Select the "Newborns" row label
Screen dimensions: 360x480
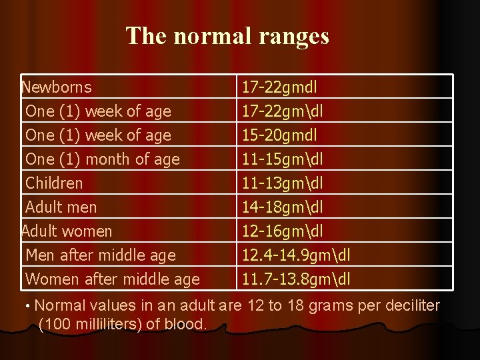tap(57, 87)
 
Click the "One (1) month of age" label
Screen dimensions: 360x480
tap(102, 159)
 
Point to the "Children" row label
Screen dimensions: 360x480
tap(54, 183)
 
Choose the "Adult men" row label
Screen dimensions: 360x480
tap(61, 207)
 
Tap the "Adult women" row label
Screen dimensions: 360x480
tap(67, 231)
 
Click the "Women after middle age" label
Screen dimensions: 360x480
tap(112, 279)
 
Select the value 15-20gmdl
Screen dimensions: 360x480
tap(279, 135)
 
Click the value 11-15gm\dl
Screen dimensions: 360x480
tap(283, 159)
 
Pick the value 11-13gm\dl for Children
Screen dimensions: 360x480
tap(283, 183)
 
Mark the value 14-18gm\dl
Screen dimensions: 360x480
tap(283, 207)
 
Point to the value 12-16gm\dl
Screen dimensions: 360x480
tap(283, 231)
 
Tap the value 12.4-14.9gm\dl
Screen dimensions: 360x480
tap(297, 255)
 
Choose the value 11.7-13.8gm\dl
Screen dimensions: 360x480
tap(296, 279)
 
